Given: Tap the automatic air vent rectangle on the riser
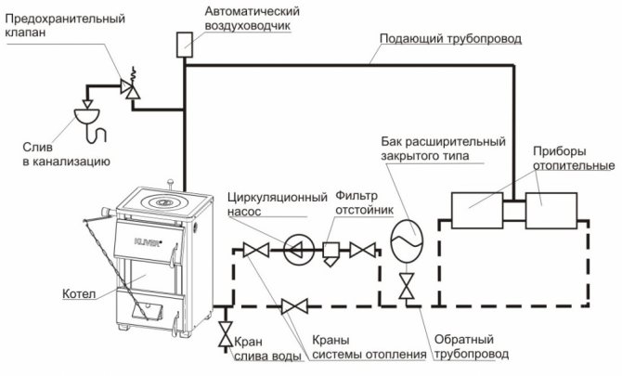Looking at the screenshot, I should coord(184,44).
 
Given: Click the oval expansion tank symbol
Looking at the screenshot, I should coord(406,239).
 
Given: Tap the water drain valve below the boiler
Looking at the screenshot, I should coord(225,334).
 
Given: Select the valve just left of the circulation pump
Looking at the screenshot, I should coord(251,249).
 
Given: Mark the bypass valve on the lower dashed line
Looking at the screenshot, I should coord(295,305).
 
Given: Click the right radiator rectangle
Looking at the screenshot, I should coord(551,212).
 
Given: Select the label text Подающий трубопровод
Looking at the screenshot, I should coord(450,40).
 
